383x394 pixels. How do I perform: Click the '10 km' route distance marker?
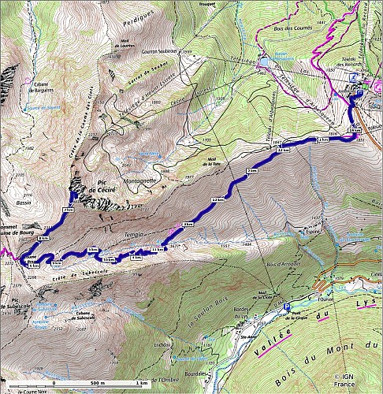pyautogui.click(x=109, y=258)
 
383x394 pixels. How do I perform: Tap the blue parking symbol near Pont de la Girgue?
pyautogui.click(x=286, y=309)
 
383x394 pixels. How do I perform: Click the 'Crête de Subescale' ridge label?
pyautogui.click(x=79, y=273)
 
